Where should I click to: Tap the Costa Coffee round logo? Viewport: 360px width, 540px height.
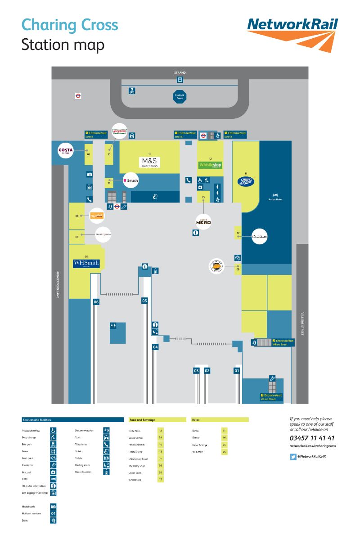(x=66, y=150)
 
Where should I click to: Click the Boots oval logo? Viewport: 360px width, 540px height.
(x=246, y=181)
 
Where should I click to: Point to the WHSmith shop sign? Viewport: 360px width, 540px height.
(x=86, y=264)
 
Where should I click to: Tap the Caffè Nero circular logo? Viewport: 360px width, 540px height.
(x=203, y=220)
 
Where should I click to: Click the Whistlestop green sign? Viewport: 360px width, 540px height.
(x=210, y=165)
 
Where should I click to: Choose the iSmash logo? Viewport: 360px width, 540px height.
(x=130, y=180)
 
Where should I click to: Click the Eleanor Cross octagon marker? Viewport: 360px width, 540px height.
(x=180, y=96)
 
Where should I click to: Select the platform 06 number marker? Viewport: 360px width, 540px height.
(x=96, y=302)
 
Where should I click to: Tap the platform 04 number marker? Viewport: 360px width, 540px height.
(x=155, y=347)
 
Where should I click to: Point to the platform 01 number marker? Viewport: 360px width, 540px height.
(x=237, y=371)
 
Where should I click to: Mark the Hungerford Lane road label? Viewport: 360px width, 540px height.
(x=58, y=284)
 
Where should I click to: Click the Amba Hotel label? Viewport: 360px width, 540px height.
(x=275, y=199)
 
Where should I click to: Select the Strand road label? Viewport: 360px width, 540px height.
(x=180, y=72)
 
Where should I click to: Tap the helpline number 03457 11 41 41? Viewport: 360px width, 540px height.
(x=312, y=438)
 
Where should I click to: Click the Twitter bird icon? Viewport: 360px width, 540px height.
(x=293, y=456)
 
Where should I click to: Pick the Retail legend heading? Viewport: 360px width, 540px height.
(x=196, y=420)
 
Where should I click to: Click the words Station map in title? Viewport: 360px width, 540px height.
(x=63, y=45)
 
